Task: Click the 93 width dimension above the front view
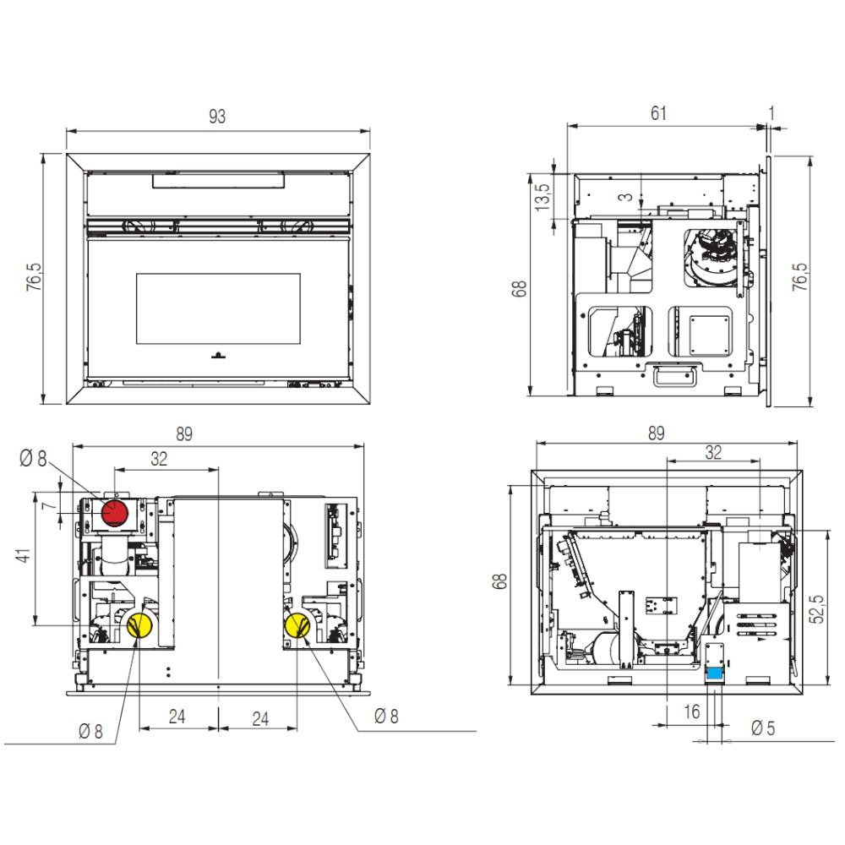(217, 117)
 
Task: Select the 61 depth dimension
(658, 113)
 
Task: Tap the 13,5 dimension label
(542, 197)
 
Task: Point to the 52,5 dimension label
(817, 609)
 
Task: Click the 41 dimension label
(23, 556)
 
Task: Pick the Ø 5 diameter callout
(763, 728)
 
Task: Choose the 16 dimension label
(692, 711)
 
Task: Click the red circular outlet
(115, 513)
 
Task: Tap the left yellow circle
(139, 625)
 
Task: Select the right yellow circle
(297, 625)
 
